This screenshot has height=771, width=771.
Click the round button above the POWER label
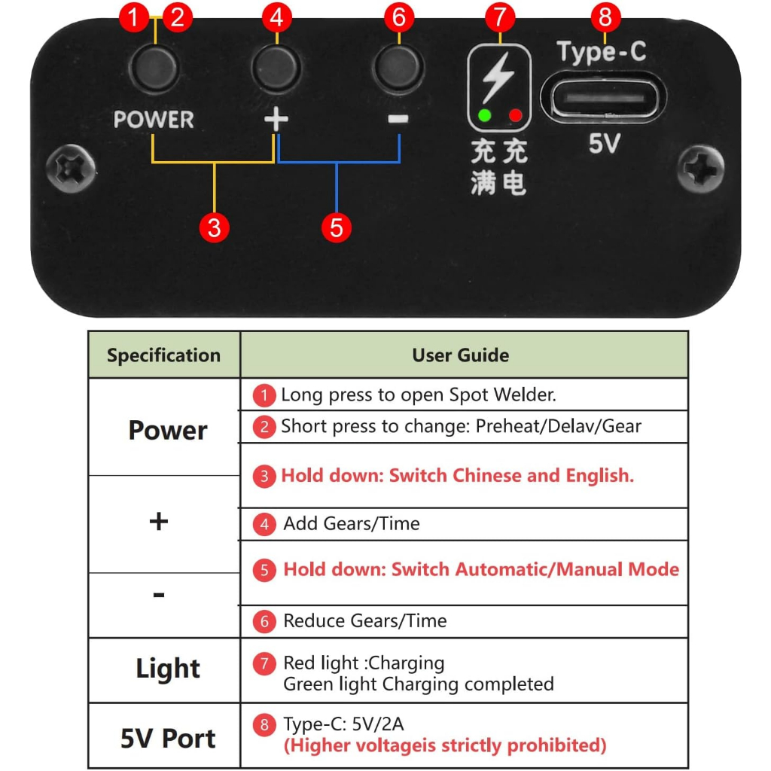154,69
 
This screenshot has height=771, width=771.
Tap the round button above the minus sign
398,69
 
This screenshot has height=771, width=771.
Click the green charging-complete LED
485,116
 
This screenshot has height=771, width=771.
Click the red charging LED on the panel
516,116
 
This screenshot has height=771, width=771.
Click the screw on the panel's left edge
71,169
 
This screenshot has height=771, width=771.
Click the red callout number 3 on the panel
215,227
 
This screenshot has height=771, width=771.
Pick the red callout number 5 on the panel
337,227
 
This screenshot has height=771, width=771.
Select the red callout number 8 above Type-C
605,17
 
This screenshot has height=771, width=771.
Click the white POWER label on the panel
154,120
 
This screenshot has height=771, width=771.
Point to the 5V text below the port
603,143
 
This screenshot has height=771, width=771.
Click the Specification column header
163,355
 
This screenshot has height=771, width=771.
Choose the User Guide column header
461,355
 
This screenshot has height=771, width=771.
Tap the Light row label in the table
168,669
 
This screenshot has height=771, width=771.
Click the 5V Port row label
168,739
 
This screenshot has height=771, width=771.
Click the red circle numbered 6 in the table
264,621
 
